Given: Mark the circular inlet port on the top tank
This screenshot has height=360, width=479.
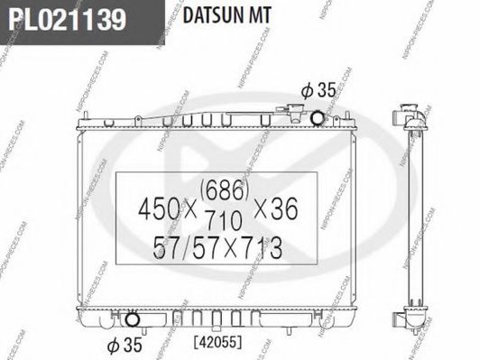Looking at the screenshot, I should click(318, 117).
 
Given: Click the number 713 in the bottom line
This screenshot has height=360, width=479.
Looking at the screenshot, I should click(262, 245).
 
